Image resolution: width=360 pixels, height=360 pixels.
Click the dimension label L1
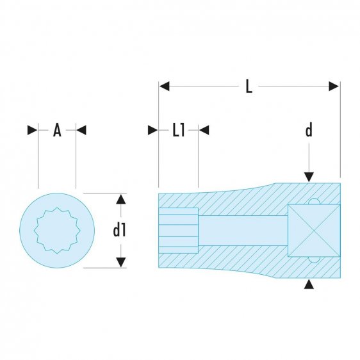click(x=178, y=131)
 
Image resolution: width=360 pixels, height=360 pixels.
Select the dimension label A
click(x=56, y=131)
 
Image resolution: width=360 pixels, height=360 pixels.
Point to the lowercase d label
click(x=308, y=131)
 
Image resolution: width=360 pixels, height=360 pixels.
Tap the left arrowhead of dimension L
click(x=164, y=86)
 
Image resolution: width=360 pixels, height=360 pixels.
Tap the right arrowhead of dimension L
click(x=334, y=86)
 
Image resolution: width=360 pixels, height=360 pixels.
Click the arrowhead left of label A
click(x=33, y=130)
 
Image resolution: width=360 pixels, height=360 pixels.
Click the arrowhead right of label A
click(x=81, y=130)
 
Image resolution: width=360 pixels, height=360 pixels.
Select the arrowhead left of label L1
click(x=153, y=130)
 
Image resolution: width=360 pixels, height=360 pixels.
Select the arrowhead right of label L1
click(x=204, y=130)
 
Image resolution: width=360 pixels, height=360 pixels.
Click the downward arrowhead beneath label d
click(x=309, y=176)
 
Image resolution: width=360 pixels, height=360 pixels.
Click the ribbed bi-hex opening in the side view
click(x=179, y=229)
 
